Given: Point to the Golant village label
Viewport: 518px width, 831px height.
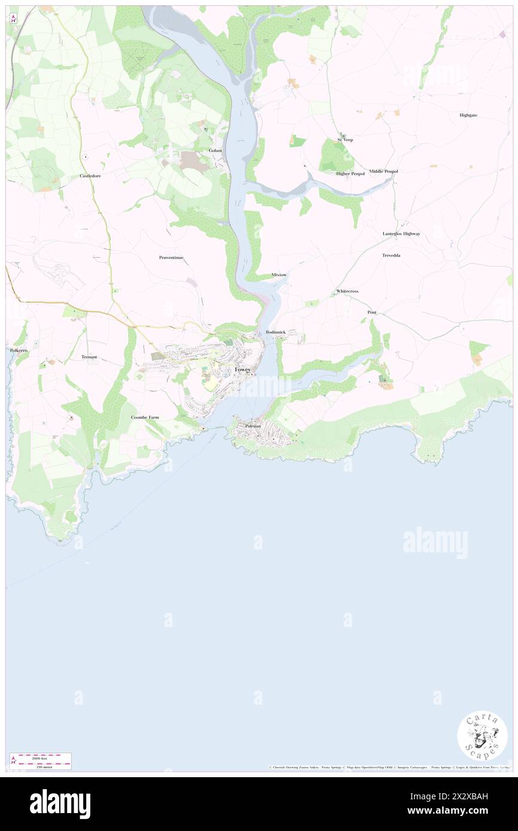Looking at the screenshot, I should coord(215,151).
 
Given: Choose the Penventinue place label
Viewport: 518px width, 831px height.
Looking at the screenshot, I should coord(171,258).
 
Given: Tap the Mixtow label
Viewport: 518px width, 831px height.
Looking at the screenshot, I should coord(279,275).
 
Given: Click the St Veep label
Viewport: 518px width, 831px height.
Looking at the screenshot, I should coord(345,140).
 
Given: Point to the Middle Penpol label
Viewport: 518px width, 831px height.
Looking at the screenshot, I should coord(383,172).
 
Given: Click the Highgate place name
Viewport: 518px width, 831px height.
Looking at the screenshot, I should coord(468,115).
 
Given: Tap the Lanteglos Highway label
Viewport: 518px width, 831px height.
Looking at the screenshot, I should coord(401,234).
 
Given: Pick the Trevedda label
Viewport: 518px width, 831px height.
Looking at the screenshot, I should coord(391,255).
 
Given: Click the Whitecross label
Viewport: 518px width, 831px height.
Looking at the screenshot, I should coord(347,291).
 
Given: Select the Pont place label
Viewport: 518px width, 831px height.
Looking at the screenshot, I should coord(372,313).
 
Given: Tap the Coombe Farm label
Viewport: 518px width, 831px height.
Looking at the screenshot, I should coord(145,417).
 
